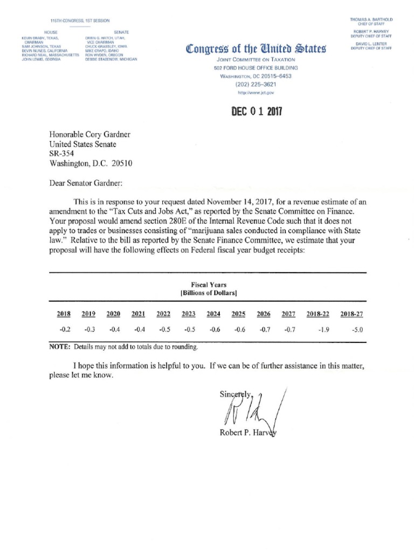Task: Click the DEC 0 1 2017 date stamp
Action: coord(257,112)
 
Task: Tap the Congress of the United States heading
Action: coord(256,50)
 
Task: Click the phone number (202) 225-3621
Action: coord(256,84)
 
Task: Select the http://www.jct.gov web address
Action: coord(256,93)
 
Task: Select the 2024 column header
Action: coord(213,314)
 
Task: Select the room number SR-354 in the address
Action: coord(61,153)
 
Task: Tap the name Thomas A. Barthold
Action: coord(371,19)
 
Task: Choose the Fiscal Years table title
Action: coord(209,285)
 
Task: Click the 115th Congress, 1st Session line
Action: coord(79,20)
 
